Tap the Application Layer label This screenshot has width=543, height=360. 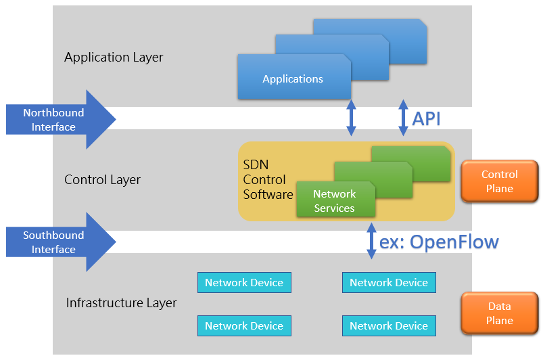114,58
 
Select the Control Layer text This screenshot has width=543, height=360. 102,180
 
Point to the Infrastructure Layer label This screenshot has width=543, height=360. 121,302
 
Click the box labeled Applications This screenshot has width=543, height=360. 293,78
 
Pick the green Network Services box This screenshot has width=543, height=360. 335,201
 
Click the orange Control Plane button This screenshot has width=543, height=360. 499,181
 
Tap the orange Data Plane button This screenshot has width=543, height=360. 499,313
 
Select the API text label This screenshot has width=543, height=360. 427,119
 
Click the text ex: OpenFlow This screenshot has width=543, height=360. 439,242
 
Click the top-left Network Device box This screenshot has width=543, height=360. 244,283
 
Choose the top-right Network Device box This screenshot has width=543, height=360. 389,283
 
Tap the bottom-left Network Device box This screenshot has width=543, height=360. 244,325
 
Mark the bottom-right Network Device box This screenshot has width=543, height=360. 389,325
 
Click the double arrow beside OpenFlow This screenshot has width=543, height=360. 371,242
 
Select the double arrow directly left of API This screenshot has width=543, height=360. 404,118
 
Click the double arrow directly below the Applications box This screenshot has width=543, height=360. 351,118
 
